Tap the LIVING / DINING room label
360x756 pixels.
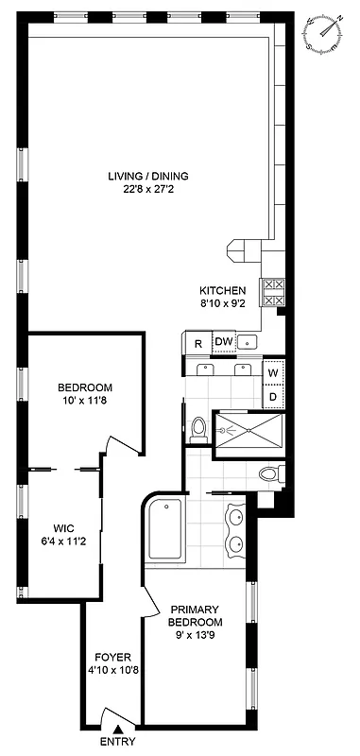click(147, 175)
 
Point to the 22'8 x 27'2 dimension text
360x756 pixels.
click(147, 188)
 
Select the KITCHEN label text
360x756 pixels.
click(222, 290)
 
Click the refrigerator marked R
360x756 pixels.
click(198, 343)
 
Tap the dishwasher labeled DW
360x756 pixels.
click(223, 342)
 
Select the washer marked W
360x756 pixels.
click(273, 372)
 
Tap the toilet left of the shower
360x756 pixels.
click(198, 431)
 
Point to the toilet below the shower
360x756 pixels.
click(269, 473)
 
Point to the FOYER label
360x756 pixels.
click(111, 657)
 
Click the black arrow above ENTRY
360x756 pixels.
click(117, 728)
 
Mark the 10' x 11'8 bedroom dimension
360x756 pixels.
click(85, 402)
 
